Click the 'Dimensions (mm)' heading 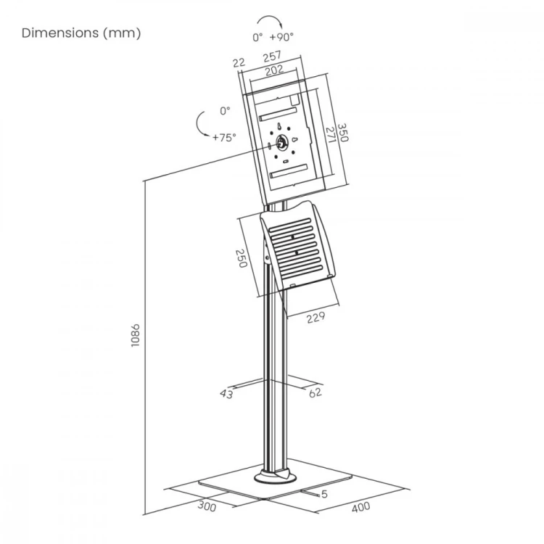(81, 33)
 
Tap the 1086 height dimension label (136, 336)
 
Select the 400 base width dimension (360, 508)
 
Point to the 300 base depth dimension (207, 506)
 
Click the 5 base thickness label (324, 494)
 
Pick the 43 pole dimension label (226, 394)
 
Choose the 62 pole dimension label (315, 392)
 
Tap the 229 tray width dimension (316, 317)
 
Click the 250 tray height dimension (241, 258)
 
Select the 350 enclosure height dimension (343, 133)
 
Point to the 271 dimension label (331, 135)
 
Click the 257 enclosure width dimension (272, 56)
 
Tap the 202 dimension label (274, 70)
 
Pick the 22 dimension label (239, 63)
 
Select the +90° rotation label (281, 36)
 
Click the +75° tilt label (224, 138)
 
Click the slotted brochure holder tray (297, 246)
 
